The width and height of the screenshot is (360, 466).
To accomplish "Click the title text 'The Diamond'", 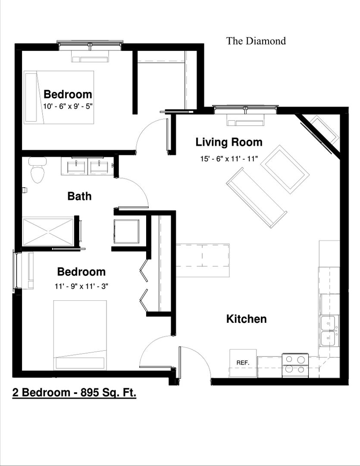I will (x=256, y=41).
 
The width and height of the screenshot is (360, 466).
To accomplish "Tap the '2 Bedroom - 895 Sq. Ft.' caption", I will (x=74, y=393).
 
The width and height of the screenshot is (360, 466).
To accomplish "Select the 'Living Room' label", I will (x=229, y=142).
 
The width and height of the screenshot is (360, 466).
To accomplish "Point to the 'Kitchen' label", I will (x=246, y=319).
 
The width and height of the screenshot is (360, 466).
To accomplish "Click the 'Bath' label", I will (x=79, y=196).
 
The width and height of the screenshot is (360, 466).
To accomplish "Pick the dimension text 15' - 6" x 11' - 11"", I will (x=229, y=158).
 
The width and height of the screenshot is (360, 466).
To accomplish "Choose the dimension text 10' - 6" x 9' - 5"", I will (x=68, y=106).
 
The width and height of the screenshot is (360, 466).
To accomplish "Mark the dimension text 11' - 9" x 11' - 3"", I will (x=81, y=285).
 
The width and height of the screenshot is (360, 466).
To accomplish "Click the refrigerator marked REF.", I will (x=243, y=363).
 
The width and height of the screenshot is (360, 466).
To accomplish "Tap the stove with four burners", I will (x=295, y=365).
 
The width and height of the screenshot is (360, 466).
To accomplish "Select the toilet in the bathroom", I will (x=38, y=171).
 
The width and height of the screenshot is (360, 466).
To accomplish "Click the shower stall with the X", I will (x=48, y=232).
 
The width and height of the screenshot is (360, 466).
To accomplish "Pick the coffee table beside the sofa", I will (x=285, y=169).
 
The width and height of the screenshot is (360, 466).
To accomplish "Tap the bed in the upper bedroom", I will (x=59, y=97).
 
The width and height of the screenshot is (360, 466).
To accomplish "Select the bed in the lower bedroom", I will (x=80, y=335).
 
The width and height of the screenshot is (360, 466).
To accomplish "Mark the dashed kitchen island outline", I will (x=202, y=260).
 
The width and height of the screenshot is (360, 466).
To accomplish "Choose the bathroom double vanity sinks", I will (x=88, y=166).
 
